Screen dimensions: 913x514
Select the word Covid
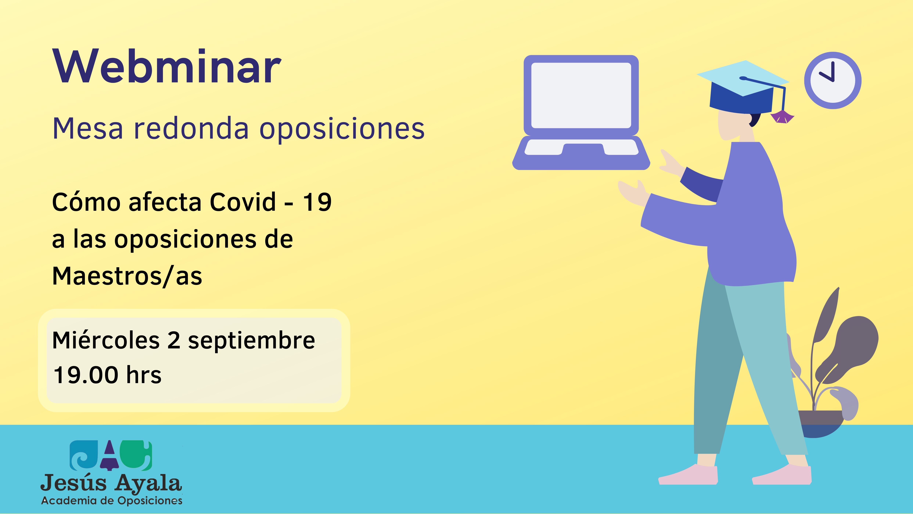pos(243,202)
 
